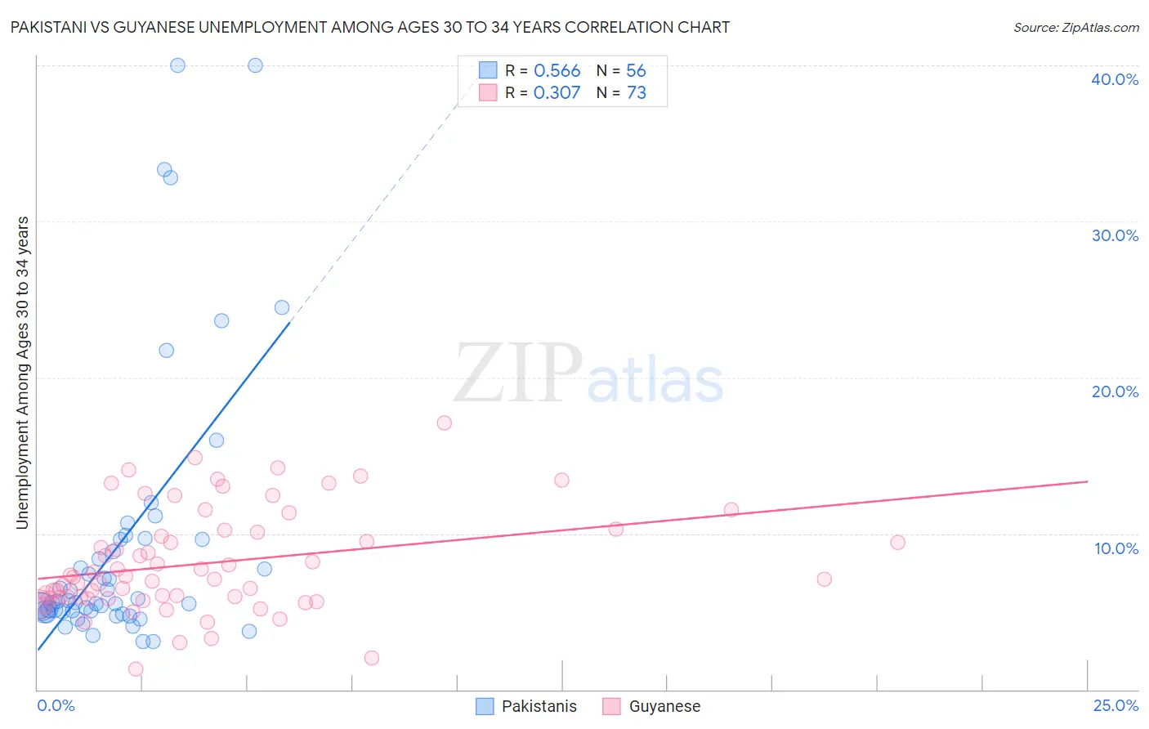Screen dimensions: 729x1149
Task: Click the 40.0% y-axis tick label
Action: (x=1114, y=79)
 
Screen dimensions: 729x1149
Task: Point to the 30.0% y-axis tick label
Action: (x=1114, y=235)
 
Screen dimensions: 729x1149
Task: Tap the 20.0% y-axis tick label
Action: (x=1114, y=391)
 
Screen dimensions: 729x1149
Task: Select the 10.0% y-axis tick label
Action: (x=1115, y=548)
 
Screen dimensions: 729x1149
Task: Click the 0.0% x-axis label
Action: (x=56, y=705)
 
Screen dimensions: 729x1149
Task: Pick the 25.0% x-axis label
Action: (x=1115, y=705)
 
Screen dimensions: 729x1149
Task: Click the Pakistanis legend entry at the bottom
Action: (x=539, y=706)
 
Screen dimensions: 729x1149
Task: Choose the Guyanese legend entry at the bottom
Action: (x=664, y=706)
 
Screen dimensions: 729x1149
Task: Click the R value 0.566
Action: (x=557, y=70)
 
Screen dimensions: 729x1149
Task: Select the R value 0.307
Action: (x=557, y=92)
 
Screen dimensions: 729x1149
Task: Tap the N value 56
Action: (x=636, y=70)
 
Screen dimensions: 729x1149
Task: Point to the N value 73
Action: (x=636, y=92)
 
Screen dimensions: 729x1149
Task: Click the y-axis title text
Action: (x=22, y=372)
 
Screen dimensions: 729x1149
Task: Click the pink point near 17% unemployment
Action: (x=444, y=423)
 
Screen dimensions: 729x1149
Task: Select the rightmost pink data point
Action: (x=897, y=542)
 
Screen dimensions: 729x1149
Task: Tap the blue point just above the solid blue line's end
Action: (x=281, y=307)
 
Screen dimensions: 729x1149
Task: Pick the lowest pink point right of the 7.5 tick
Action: (x=371, y=658)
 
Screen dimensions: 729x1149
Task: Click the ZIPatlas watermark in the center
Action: (x=588, y=374)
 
